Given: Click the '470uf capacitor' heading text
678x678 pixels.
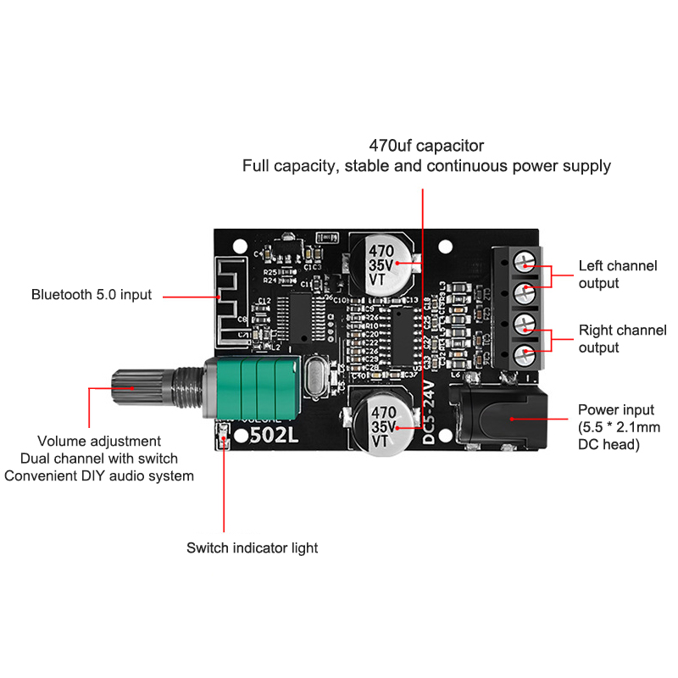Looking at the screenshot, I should coord(426,145).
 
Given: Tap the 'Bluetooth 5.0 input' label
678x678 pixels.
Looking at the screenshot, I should coord(92,295).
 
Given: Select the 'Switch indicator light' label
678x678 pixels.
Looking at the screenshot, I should coord(252,547).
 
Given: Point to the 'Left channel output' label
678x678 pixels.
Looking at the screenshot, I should coord(617,275).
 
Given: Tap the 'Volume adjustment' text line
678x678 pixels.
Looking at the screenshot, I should coord(99,441).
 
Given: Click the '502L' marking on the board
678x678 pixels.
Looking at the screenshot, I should coord(269,436).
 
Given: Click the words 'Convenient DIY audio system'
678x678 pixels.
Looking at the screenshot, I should coord(99,476).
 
